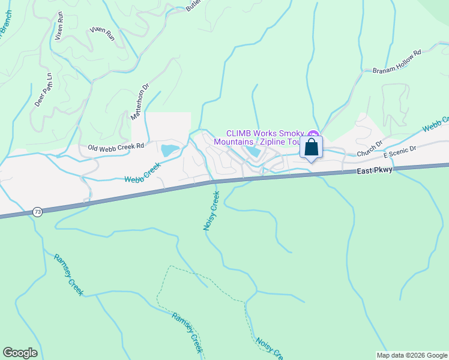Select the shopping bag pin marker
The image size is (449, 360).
311,147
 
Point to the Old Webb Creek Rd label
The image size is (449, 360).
116,146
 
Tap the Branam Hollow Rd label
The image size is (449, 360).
397,61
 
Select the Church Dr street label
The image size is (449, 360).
369,149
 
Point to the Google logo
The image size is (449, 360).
20,353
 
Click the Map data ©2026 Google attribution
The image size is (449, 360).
412,355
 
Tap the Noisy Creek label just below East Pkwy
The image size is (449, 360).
211,211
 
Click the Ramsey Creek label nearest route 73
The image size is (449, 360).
68,274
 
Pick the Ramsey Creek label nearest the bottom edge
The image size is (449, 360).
187,332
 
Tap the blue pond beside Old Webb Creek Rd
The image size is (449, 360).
169,149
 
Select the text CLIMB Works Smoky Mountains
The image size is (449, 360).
264,137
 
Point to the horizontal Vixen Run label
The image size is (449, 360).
101,30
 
